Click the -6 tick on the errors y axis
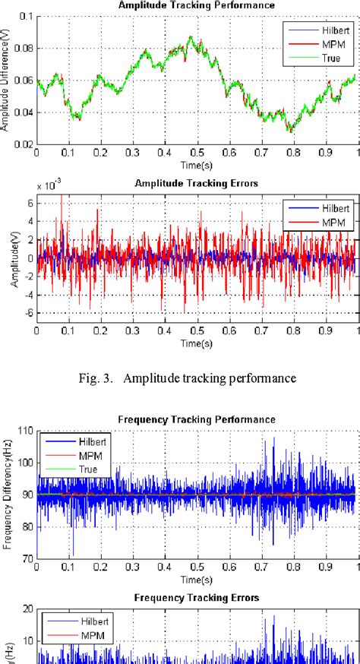[28, 312]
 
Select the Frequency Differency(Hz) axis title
[6, 494]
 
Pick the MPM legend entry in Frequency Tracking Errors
[87, 634]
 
